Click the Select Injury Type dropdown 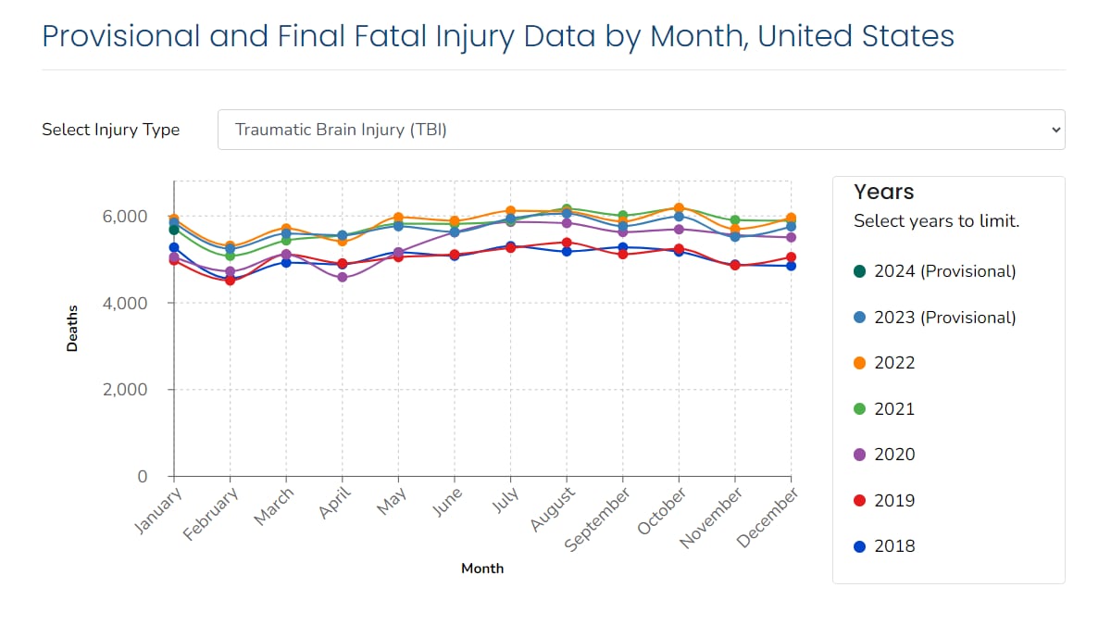click(x=641, y=130)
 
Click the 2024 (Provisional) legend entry click(x=944, y=271)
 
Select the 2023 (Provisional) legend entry click(x=944, y=318)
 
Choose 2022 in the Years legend click(x=893, y=363)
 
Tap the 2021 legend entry click(x=893, y=409)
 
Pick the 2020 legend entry click(x=893, y=455)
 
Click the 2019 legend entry click(x=893, y=501)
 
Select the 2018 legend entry click(x=893, y=546)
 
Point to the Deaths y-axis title click(x=72, y=329)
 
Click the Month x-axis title click(x=482, y=569)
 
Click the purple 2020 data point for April click(x=343, y=277)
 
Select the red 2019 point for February click(x=230, y=280)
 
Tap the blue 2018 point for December click(x=791, y=266)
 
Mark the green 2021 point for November click(x=735, y=220)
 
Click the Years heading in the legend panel click(x=883, y=192)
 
